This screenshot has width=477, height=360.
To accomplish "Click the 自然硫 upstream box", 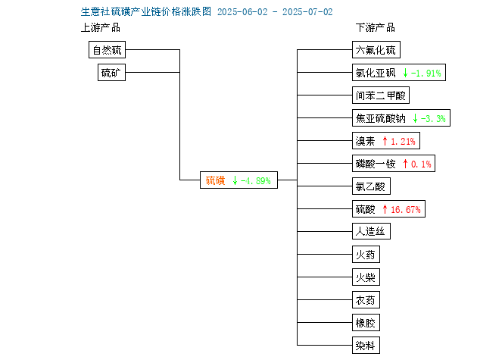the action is [107, 50].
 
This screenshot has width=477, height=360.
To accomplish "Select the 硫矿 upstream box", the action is [111, 73].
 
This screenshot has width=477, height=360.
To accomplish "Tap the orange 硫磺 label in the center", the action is [215, 180].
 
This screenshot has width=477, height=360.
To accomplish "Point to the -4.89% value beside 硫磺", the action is [256, 181].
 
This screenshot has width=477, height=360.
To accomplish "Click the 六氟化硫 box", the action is [376, 50].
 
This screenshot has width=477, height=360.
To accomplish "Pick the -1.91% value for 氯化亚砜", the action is [426, 73].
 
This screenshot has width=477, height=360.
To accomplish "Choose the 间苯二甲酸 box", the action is [381, 95].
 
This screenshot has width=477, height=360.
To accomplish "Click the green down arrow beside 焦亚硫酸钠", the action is [415, 118].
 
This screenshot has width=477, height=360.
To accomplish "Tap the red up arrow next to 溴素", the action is [385, 141].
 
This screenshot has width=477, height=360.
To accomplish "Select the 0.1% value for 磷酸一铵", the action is [421, 164].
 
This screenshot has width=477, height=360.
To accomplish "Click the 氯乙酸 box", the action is [371, 186].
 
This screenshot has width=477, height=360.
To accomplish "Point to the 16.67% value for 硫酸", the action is [406, 209].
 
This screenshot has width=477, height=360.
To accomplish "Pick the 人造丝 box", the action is [371, 231].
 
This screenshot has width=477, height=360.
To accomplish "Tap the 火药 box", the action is [366, 255].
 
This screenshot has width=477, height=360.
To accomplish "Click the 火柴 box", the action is [366, 277].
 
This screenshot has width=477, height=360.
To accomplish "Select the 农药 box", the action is [366, 300].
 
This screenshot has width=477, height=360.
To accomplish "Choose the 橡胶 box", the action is [366, 323].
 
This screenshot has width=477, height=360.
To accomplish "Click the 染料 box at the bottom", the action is [366, 346].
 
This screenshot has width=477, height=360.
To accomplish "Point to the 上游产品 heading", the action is [101, 27].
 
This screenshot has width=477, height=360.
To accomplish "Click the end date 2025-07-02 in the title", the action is [307, 12].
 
